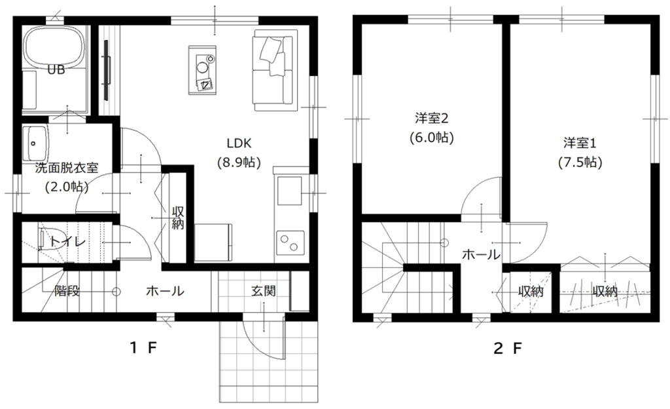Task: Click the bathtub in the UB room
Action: click(53, 47)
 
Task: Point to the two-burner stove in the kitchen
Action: click(290, 243)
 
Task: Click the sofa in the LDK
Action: click(274, 70)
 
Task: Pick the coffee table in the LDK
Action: click(203, 69)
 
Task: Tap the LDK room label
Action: click(239, 143)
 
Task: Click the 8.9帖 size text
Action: click(239, 163)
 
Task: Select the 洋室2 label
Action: click(432, 117)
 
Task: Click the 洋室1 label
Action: click(580, 143)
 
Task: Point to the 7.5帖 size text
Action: click(580, 163)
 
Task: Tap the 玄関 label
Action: click(263, 291)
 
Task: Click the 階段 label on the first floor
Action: click(67, 291)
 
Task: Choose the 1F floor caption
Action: click(144, 348)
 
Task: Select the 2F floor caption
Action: click(508, 348)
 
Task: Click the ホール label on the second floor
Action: click(481, 255)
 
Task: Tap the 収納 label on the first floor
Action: click(178, 218)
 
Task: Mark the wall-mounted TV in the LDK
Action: click(107, 70)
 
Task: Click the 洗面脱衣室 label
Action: click(67, 168)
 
